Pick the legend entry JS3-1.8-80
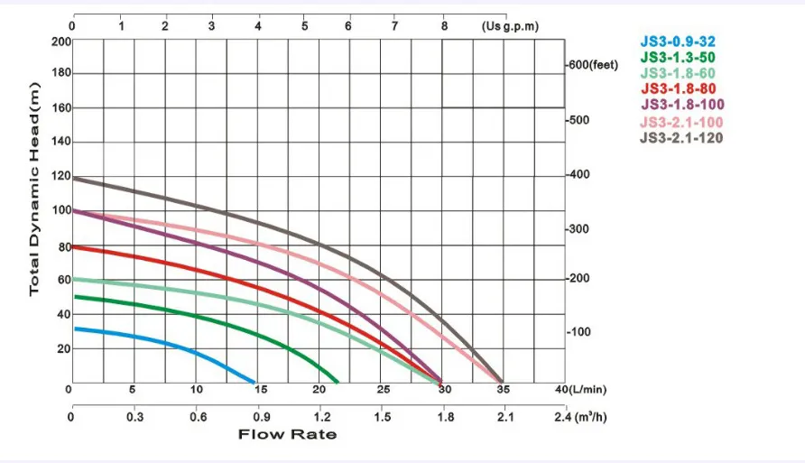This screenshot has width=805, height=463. click(x=679, y=89)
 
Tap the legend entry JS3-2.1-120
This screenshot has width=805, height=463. click(x=681, y=138)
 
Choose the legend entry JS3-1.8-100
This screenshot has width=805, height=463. click(x=681, y=106)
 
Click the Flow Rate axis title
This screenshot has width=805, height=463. click(x=287, y=435)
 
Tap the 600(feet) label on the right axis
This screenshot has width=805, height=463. click(x=592, y=66)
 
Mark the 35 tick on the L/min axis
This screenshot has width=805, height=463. click(x=502, y=390)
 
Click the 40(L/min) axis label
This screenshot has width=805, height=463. click(x=583, y=390)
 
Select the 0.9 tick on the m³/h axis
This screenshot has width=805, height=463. click(x=260, y=417)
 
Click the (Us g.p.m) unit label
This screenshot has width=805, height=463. click(x=510, y=25)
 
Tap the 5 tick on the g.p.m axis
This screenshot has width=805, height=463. click(x=304, y=25)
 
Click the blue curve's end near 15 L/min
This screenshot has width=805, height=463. click(x=255, y=382)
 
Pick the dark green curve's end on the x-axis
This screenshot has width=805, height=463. click(x=338, y=381)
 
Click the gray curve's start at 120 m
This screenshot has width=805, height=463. click(x=74, y=178)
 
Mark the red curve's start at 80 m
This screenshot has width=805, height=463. click(x=74, y=246)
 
